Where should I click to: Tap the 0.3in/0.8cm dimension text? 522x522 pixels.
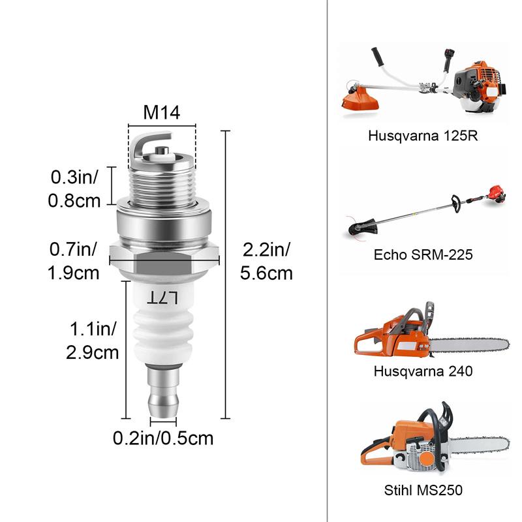tap(74, 189)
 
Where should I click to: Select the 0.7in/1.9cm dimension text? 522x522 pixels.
tap(74, 260)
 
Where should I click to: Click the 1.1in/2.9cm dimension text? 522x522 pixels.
tap(92, 340)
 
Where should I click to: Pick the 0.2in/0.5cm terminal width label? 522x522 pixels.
tap(163, 438)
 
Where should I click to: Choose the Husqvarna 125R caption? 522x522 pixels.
tap(420, 136)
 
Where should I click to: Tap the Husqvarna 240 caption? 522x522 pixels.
tap(423, 371)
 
